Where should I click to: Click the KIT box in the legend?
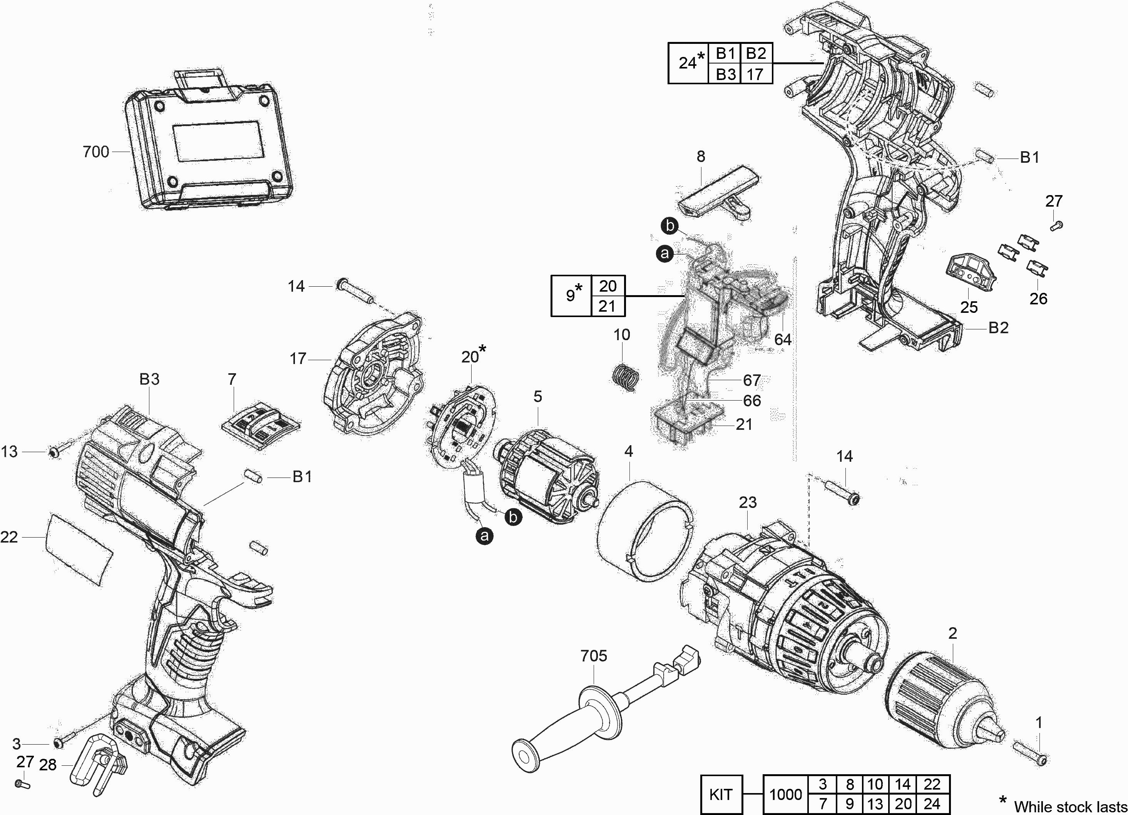(x=721, y=794)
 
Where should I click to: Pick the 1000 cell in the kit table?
(x=786, y=794)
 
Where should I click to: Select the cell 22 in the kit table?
(x=932, y=784)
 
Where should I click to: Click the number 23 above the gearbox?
(x=748, y=502)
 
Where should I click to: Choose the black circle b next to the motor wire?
(x=513, y=518)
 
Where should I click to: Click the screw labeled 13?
(x=54, y=452)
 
